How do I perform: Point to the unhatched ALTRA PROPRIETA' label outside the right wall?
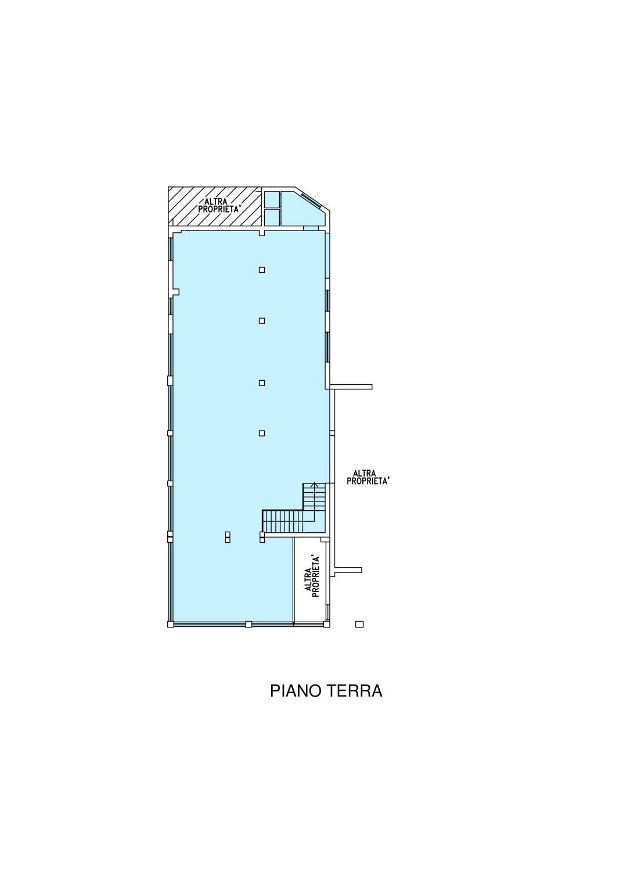coord(368,477)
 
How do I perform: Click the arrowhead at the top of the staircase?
coord(314,485)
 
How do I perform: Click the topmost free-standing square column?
coord(261,270)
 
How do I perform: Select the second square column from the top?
coord(261,320)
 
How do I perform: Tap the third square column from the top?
coord(261,383)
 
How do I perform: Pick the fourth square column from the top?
coord(261,433)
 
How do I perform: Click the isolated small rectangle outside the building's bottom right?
coord(359,625)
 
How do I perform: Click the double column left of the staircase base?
coord(227,536)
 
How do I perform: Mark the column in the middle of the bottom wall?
coord(249,624)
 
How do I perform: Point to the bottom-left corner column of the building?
coord(170,624)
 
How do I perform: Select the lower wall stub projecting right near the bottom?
coord(347,570)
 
